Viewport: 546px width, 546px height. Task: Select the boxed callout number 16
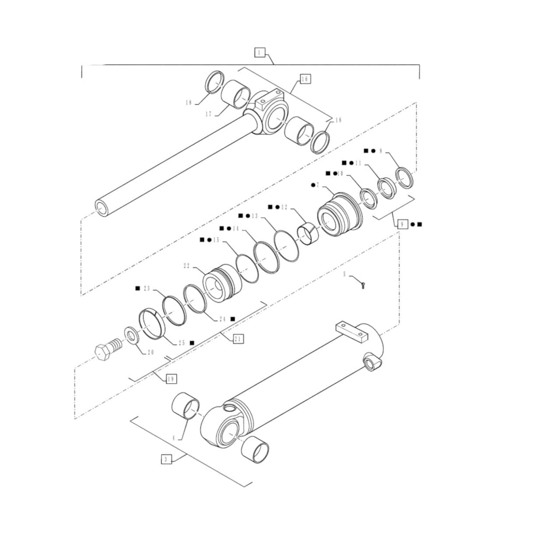tap(305, 79)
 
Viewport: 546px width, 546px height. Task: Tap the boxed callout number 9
tap(402, 224)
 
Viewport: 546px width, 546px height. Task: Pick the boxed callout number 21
tap(238, 339)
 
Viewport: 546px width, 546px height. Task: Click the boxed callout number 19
tap(170, 378)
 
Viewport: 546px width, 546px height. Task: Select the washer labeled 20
tap(132, 334)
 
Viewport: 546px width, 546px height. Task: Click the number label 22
tap(187, 266)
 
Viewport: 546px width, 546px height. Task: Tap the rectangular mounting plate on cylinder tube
tap(350, 331)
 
